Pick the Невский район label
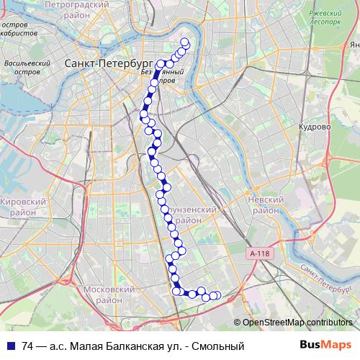[x=263, y=205]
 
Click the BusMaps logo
[x=326, y=346]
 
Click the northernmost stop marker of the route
[x=184, y=42]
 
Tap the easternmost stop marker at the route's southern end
[x=217, y=295]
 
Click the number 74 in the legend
[x=28, y=346]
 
